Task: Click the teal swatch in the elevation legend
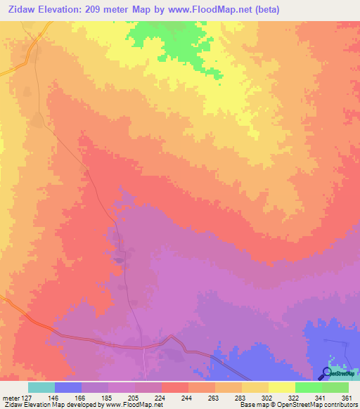(x=41, y=387)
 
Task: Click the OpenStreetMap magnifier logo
(x=326, y=373)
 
